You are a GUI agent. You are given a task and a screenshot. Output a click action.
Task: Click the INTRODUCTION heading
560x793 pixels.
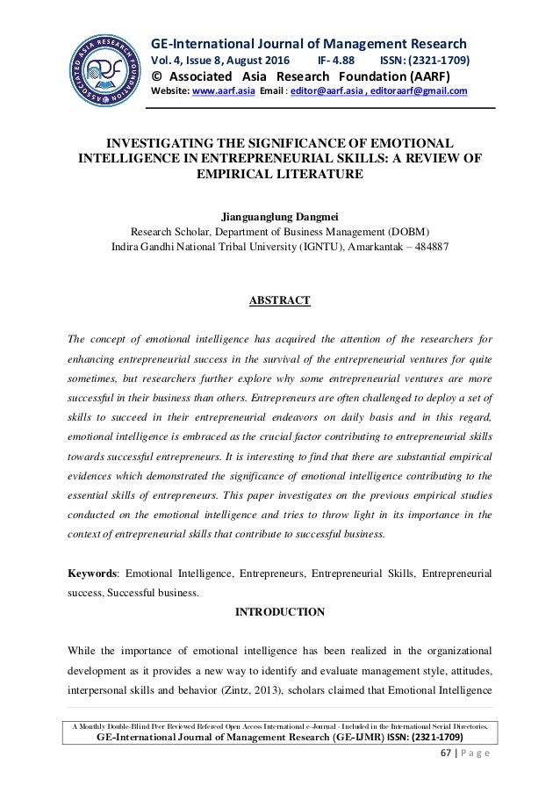[279, 611]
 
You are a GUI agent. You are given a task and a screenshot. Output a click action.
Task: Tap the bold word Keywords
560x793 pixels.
[95, 573]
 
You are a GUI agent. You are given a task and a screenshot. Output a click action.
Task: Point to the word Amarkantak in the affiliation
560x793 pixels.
[379, 247]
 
